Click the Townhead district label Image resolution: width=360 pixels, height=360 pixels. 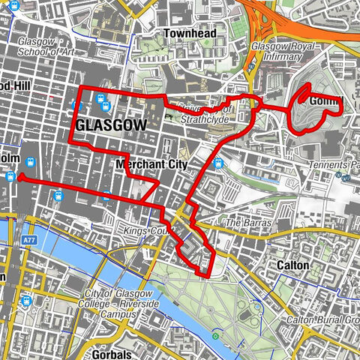pos(191,34)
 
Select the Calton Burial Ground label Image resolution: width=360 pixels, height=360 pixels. pos(323,320)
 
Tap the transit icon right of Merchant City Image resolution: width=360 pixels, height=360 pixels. pos(217,163)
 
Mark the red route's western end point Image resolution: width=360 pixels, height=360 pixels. pos(18,178)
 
